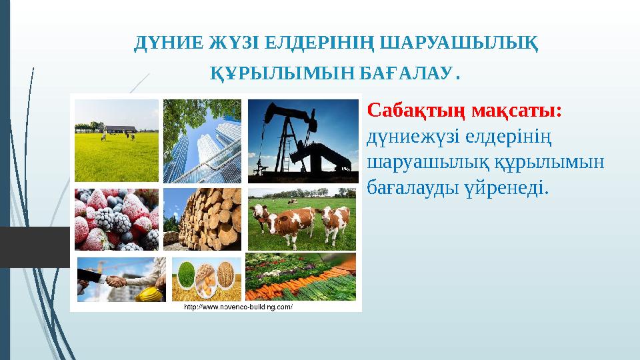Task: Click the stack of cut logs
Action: pyautogui.click(x=203, y=220)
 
